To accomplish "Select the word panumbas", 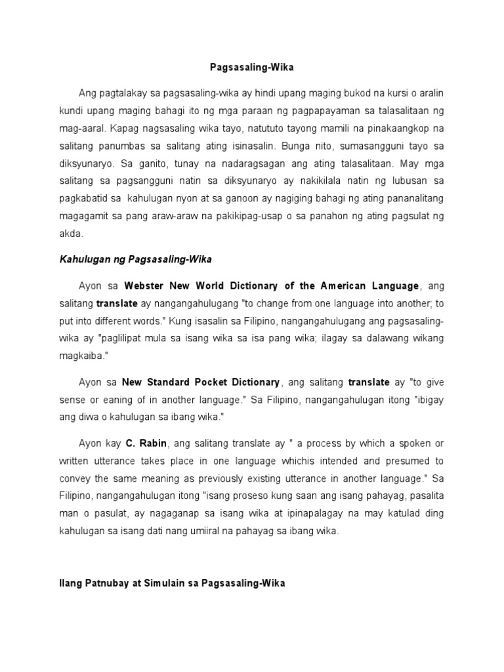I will click(131, 144).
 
